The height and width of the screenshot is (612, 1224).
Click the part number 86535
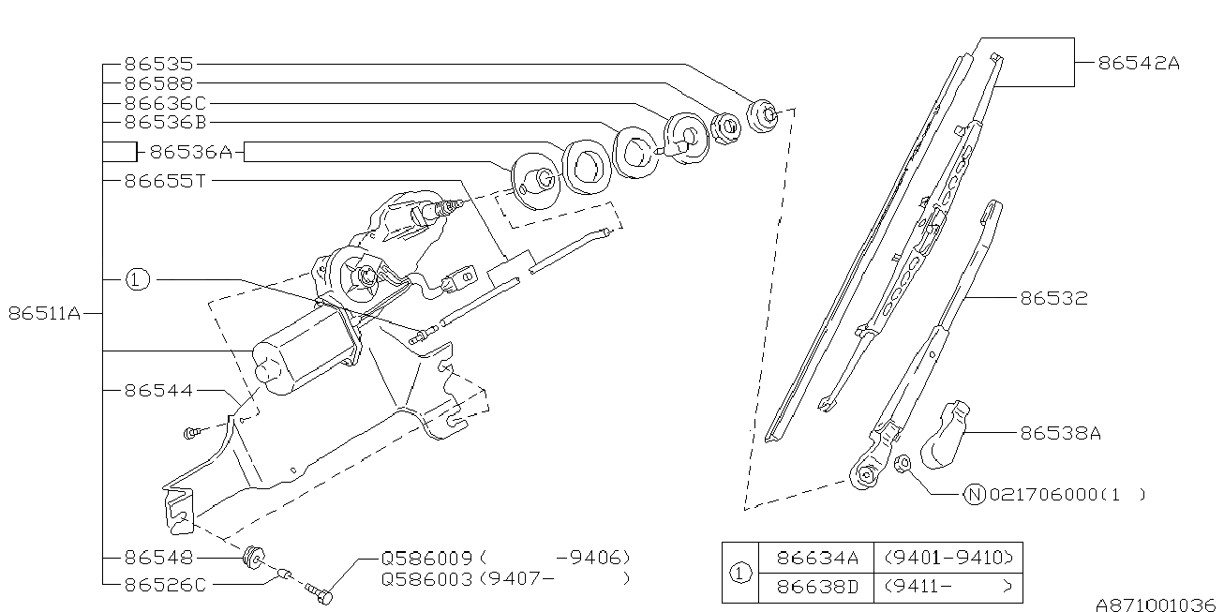coord(158,65)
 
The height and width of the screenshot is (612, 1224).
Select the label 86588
coord(158,83)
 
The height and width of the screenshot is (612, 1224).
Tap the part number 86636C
coord(165,103)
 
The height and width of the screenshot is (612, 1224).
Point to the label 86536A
coord(190,152)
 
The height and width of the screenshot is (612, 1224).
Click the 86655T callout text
coord(165,181)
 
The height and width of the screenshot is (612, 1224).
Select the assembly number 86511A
coord(44,314)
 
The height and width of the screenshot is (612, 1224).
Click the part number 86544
coord(158,390)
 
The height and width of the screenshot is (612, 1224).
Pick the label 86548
coord(158,557)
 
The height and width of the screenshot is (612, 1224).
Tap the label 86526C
coord(165,584)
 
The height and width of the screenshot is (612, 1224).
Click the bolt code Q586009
coord(426,557)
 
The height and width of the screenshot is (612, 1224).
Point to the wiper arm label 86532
coord(1053,298)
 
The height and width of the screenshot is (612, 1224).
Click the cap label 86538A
coord(1060,433)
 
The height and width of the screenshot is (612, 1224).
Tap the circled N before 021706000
coord(975,494)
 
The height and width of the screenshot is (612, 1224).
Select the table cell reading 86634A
coord(817,559)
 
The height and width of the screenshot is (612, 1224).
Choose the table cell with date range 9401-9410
coord(948,559)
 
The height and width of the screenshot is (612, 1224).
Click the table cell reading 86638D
coord(817,589)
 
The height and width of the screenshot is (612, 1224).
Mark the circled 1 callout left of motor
coord(138,279)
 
